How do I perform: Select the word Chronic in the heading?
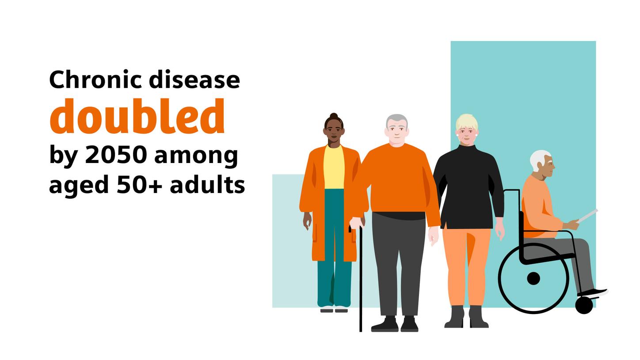(x=95, y=80)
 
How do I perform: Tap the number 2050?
(x=116, y=155)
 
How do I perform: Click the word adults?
(x=207, y=185)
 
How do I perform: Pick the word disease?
(x=194, y=80)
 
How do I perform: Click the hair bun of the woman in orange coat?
(x=334, y=116)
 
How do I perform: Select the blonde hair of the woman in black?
(x=467, y=121)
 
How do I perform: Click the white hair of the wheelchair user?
(x=538, y=159)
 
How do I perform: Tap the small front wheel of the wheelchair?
(x=584, y=305)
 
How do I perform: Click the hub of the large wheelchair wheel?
(x=533, y=279)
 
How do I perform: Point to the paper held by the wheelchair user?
(x=588, y=215)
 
